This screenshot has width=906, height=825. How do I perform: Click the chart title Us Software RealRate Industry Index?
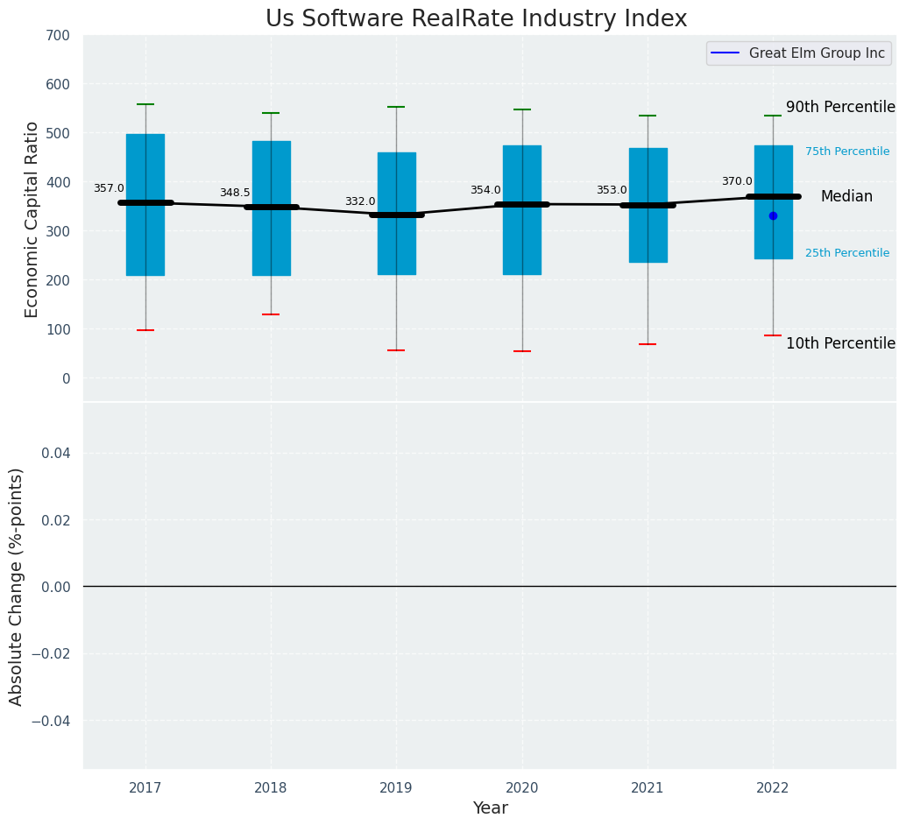point(476,19)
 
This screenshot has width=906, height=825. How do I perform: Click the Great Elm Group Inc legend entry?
point(816,53)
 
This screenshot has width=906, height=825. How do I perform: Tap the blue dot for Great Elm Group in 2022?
point(773,215)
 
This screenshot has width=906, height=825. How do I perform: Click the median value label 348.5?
point(235,193)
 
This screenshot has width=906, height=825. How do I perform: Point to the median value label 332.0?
point(360,201)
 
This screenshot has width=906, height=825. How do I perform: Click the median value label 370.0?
point(737,181)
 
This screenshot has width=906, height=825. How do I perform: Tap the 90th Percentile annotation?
point(840,107)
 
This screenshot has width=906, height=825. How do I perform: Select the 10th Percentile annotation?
point(840,343)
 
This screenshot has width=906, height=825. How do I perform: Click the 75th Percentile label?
point(847,152)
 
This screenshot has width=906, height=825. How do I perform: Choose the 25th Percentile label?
point(847,253)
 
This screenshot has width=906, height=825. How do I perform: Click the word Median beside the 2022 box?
point(846,197)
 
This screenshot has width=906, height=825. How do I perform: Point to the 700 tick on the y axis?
point(59,36)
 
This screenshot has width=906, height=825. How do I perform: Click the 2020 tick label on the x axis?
point(522,788)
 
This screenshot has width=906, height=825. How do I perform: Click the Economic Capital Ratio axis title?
point(32,219)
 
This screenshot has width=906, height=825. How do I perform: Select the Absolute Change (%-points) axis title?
point(17,586)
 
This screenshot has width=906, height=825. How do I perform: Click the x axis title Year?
point(490,808)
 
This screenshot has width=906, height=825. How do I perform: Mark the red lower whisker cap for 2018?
point(271,314)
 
